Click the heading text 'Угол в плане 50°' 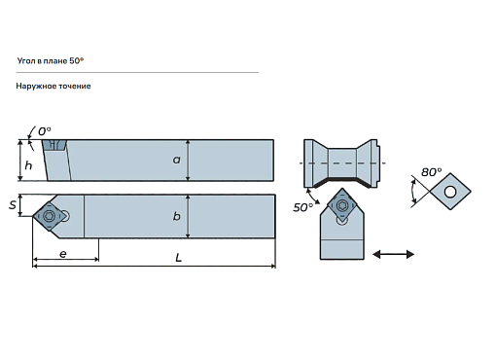(x=51, y=61)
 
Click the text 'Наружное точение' (x=53, y=86)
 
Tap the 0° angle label (x=45, y=131)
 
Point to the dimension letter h (x=28, y=165)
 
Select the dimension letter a (x=176, y=160)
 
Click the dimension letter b (x=177, y=216)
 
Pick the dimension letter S (x=13, y=205)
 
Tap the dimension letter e (x=63, y=254)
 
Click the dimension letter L (x=178, y=258)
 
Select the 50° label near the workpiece (x=302, y=207)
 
